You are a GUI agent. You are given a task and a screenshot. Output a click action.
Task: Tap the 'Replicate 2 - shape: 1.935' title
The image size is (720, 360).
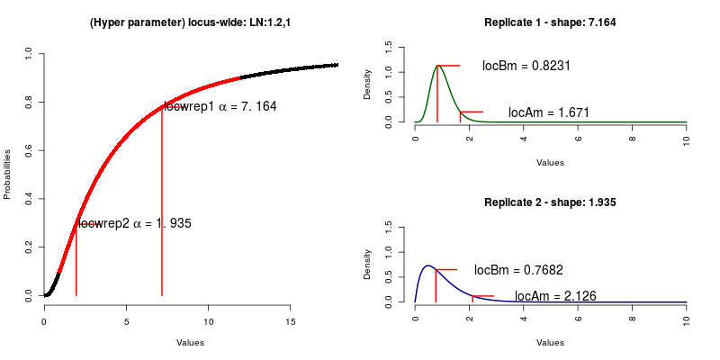click(x=550, y=202)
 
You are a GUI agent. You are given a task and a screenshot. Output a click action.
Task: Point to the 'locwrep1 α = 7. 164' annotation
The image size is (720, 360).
click(x=220, y=106)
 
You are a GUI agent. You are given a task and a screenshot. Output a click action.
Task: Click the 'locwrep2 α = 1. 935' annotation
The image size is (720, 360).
click(x=135, y=223)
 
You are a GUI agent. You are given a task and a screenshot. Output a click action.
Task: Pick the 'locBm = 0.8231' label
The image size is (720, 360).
click(x=526, y=66)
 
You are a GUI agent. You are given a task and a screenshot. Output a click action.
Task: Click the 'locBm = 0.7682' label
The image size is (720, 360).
click(x=517, y=269)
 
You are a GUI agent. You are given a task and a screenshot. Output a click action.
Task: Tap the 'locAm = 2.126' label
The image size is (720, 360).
click(x=554, y=296)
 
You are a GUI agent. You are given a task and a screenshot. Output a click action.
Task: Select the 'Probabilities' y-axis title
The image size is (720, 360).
click(x=8, y=174)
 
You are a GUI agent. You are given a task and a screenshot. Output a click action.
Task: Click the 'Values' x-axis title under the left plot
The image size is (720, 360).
click(x=190, y=342)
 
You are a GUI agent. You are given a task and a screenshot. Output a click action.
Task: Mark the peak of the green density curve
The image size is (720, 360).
click(x=437, y=65)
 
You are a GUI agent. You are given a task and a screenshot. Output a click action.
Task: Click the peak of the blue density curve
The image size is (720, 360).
click(x=428, y=265)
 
